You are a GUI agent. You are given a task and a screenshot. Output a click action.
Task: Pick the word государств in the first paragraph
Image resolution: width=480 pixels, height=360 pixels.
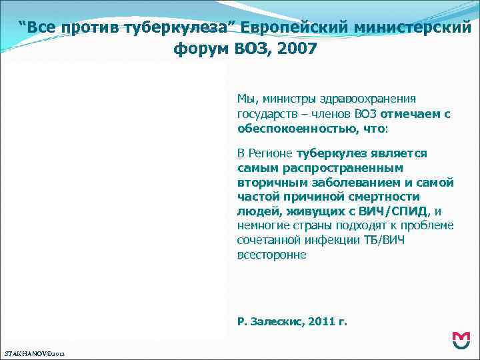[x=266, y=113]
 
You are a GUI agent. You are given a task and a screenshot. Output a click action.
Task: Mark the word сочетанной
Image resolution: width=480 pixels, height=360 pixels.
[x=268, y=240]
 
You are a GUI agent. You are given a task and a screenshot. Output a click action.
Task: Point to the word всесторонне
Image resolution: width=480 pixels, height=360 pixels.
[x=271, y=255]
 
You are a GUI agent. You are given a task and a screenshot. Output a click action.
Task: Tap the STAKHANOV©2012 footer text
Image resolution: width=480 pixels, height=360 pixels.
[x=34, y=351]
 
